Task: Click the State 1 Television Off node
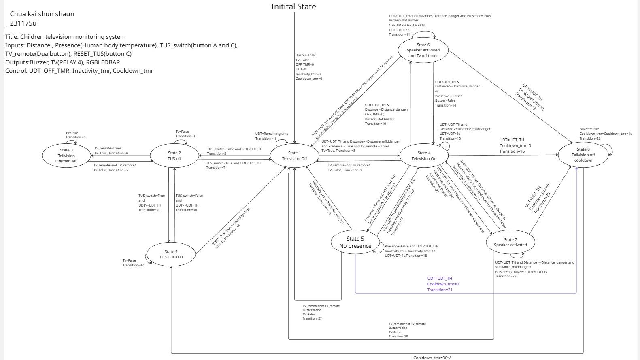click(294, 156)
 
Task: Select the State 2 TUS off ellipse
click(174, 156)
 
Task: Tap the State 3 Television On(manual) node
click(66, 156)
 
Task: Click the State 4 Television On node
click(424, 156)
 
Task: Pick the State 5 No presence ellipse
click(355, 242)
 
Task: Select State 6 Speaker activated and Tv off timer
click(423, 50)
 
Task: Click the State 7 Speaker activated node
click(510, 242)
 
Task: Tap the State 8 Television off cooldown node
click(583, 155)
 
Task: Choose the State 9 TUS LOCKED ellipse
click(171, 254)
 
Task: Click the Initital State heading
click(293, 6)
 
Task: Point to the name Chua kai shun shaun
click(42, 14)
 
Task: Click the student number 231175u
click(23, 23)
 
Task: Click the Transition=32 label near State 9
click(133, 266)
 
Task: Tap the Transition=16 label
click(512, 151)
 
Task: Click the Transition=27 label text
click(312, 319)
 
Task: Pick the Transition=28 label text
click(398, 337)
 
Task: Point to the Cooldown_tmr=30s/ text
click(432, 358)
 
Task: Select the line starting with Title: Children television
click(66, 37)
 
